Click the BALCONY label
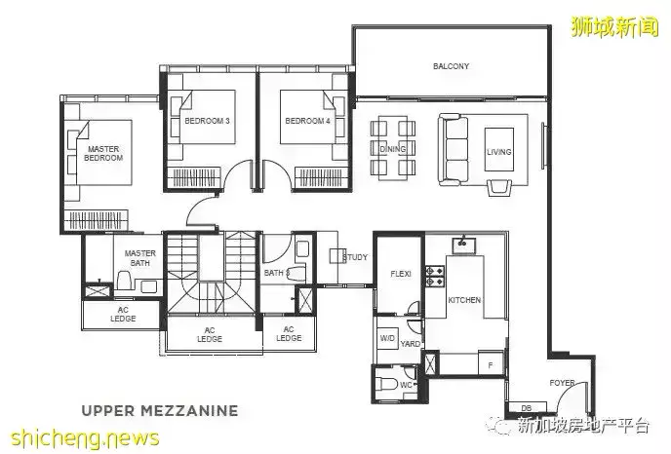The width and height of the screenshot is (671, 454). (x=451, y=66)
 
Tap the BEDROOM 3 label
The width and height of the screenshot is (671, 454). (x=207, y=121)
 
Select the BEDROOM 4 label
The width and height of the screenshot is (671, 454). (x=307, y=121)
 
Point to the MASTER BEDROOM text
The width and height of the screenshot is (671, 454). (x=103, y=154)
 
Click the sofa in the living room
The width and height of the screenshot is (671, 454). (x=454, y=150)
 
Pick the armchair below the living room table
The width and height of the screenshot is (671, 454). (x=499, y=187)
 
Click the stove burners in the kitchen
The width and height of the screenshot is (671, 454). (x=434, y=276)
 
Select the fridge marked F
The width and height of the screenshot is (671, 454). (x=491, y=364)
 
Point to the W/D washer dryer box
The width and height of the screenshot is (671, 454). (x=387, y=338)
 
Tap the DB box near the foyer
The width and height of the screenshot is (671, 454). (x=527, y=408)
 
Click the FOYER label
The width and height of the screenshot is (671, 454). (x=562, y=383)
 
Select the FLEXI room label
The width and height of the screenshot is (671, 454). (x=401, y=274)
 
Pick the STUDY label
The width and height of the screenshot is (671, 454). (x=355, y=257)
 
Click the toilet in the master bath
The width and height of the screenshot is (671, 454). (x=125, y=280)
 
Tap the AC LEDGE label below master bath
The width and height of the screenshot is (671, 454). (x=123, y=315)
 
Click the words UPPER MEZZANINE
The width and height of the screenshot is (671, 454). (x=159, y=411)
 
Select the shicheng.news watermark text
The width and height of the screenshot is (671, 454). (x=84, y=438)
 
